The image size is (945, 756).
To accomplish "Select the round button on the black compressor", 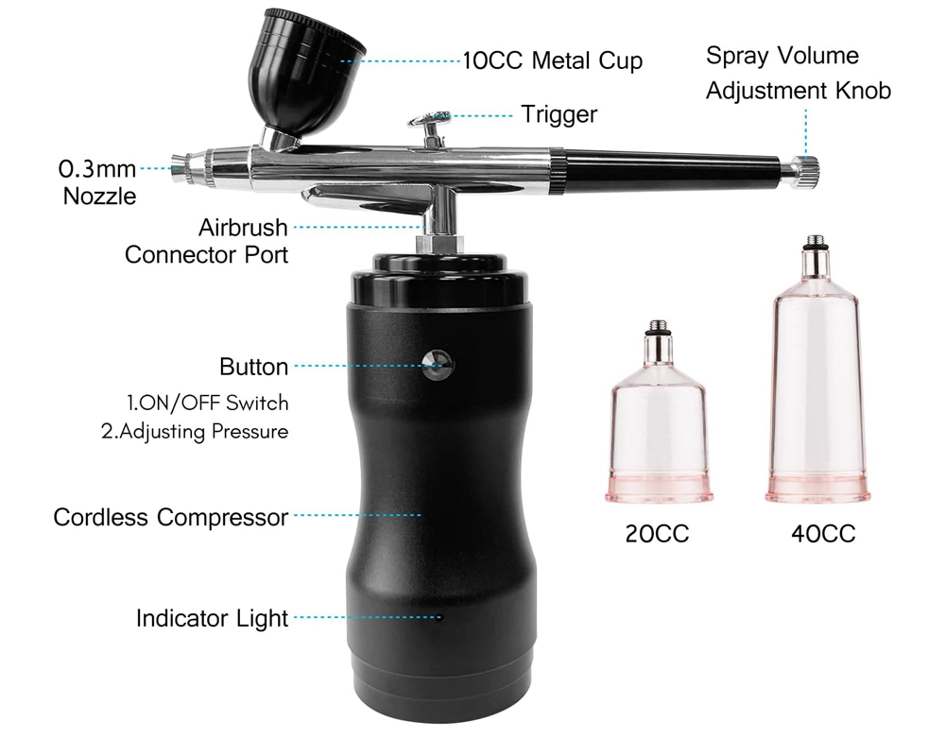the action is click(438, 365).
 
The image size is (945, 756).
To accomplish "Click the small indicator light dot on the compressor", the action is click(439, 618).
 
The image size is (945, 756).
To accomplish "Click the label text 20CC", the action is click(657, 534).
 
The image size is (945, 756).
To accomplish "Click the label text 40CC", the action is click(823, 534).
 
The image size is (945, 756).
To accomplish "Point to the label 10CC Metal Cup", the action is click(552, 61).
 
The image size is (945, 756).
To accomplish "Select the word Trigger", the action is click(558, 114).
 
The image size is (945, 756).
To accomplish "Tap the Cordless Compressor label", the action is click(170, 518).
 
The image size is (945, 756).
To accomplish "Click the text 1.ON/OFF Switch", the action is click(207, 403).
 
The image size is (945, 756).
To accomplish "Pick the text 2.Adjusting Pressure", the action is click(194, 431).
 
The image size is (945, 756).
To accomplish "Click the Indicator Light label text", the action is click(212, 619).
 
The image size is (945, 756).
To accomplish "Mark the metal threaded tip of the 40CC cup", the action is click(812, 253).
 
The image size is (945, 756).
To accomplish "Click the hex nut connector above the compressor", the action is click(438, 243).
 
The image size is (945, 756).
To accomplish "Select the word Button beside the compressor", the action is click(253, 367).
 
